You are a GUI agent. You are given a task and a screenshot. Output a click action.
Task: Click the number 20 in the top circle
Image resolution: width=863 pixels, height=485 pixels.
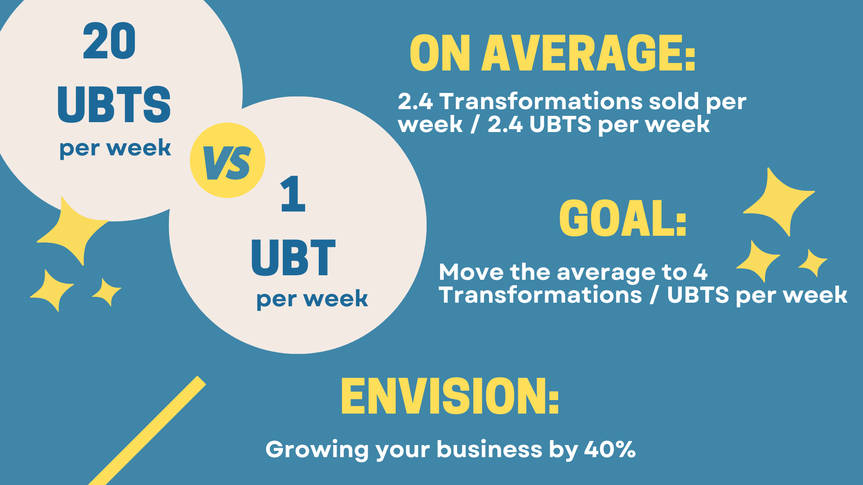click(109, 41)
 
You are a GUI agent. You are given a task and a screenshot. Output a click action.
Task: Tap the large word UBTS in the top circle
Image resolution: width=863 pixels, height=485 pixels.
click(114, 104)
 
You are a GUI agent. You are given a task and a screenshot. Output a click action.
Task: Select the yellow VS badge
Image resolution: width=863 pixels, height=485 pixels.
click(227, 160)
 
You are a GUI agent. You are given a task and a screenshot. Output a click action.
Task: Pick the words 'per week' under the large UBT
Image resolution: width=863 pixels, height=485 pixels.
click(312, 299)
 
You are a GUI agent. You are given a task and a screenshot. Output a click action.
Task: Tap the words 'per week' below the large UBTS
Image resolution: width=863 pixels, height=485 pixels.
click(115, 148)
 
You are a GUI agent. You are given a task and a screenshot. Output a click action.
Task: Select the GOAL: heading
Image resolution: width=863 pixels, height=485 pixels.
click(623, 218)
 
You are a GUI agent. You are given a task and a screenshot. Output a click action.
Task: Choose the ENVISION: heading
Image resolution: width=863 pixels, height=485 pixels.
click(450, 396)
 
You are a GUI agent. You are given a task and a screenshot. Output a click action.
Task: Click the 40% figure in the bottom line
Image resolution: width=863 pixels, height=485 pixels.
click(610, 449)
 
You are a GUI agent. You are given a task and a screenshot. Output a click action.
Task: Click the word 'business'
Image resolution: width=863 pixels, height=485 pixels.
click(490, 449)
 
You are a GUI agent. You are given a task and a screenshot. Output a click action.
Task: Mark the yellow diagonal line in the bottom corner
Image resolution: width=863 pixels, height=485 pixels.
click(147, 431)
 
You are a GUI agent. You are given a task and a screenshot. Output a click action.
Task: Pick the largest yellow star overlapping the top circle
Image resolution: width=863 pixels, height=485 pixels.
click(73, 231)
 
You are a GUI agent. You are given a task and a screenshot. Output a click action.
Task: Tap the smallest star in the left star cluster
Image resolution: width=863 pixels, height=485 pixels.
click(107, 292)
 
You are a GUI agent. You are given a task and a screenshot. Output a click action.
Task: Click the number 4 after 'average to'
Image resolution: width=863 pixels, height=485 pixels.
click(700, 272)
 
